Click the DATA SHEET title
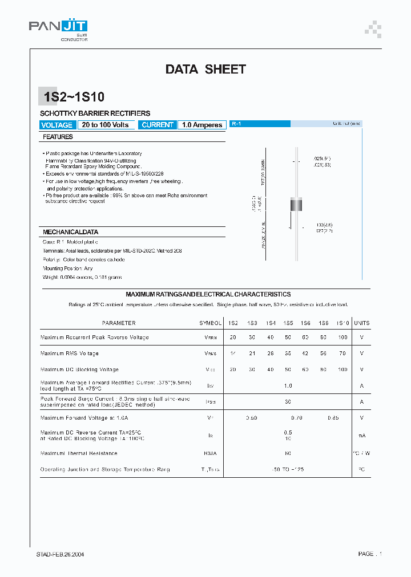(x=205, y=70)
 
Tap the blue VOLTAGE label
(x=57, y=125)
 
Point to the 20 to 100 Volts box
(x=105, y=125)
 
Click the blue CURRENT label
(x=158, y=125)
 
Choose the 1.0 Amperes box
(x=202, y=125)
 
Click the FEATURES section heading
(x=58, y=137)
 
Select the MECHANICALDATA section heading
(x=71, y=232)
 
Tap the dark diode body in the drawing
(x=296, y=204)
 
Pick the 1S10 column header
(x=342, y=323)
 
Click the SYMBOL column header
(x=210, y=323)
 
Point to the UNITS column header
(x=361, y=323)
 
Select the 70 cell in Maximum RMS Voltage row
(x=342, y=353)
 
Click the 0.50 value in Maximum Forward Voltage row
(x=251, y=418)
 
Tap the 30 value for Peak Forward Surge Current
(x=288, y=401)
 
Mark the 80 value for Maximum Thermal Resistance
(x=288, y=453)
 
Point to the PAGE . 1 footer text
(x=370, y=554)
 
